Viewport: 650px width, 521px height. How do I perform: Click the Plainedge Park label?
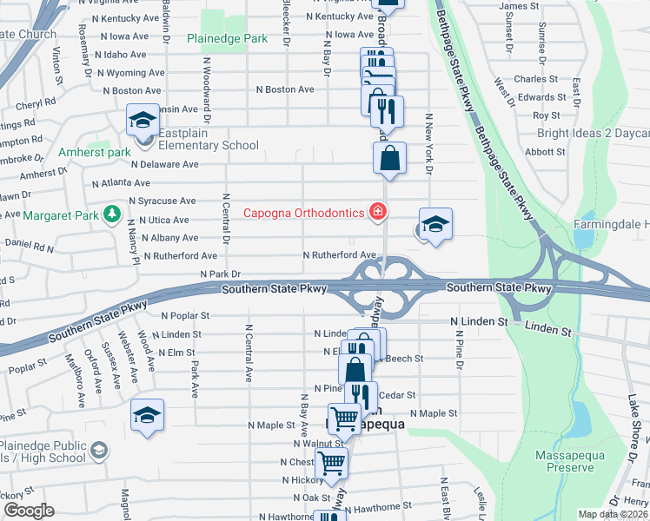coord(228,39)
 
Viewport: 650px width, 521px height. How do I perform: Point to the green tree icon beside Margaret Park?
coord(111,214)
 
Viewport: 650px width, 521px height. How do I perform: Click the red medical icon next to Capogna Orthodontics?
coord(376,211)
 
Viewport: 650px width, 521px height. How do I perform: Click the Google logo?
coord(29,510)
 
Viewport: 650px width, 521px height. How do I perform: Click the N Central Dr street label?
coord(226,218)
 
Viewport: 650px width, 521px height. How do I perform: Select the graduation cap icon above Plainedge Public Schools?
coord(147,416)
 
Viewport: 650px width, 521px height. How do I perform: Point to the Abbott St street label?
coord(546,151)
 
